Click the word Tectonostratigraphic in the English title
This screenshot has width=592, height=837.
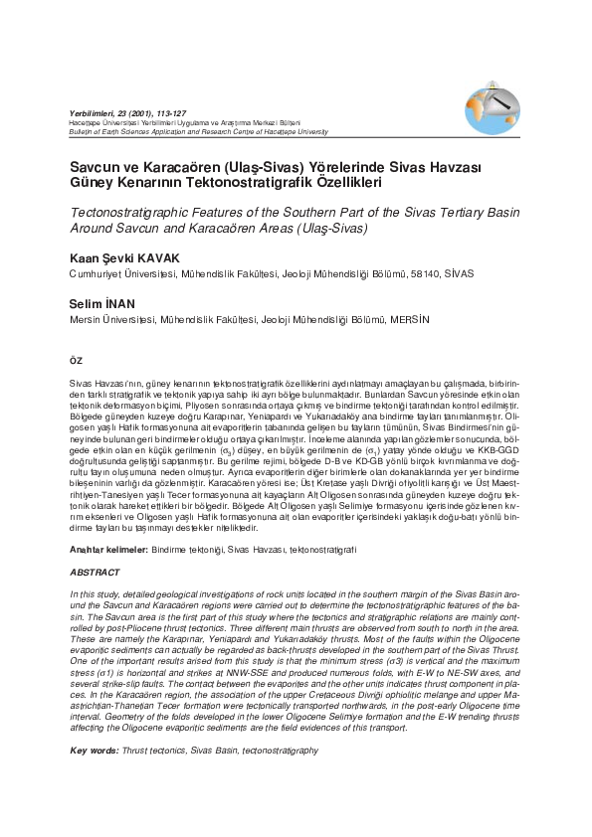click(x=134, y=213)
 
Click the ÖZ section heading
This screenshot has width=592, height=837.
click(x=76, y=359)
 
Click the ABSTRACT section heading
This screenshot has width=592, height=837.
click(x=96, y=573)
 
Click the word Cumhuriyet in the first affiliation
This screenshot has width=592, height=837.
click(x=100, y=273)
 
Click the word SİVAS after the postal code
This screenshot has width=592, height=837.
click(x=459, y=273)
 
